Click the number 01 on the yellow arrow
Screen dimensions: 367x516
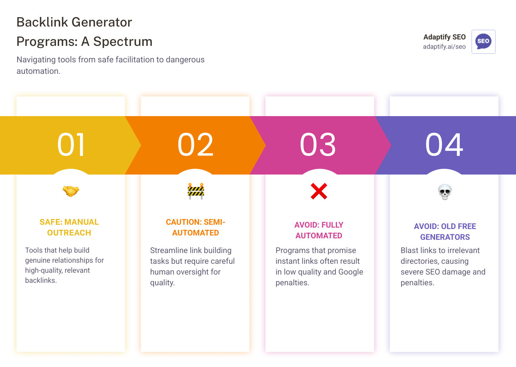[x=71, y=145]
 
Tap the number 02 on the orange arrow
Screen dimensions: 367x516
[x=195, y=145]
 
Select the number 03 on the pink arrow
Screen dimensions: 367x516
[x=318, y=145]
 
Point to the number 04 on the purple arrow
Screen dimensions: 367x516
[x=444, y=145]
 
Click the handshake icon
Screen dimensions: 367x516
[x=71, y=191]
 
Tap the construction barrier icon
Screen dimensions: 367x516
[x=196, y=191]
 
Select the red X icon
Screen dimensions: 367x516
[x=319, y=191]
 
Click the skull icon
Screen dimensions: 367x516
[x=445, y=192]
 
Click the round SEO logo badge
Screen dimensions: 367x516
[x=483, y=41]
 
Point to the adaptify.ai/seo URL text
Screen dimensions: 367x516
[x=444, y=47]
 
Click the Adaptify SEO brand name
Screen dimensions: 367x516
[x=444, y=37]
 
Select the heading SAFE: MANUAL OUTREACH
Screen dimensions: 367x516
[x=69, y=227]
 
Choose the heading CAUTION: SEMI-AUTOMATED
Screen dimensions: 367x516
[x=195, y=227]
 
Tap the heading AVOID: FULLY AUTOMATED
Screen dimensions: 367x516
[x=319, y=230]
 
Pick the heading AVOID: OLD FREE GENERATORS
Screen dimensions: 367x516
[x=445, y=232]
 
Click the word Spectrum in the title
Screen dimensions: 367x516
[x=123, y=42]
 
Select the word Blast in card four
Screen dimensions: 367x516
[x=410, y=251]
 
